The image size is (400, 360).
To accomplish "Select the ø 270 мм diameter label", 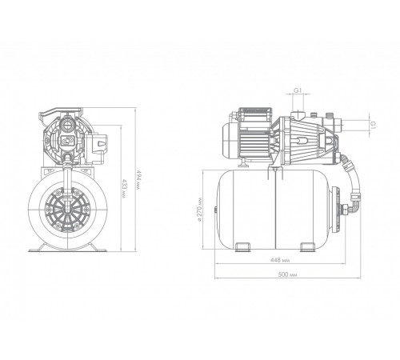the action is point(199,210).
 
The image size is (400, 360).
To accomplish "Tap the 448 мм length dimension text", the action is point(280,260).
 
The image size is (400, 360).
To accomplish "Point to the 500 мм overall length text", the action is point(287,274).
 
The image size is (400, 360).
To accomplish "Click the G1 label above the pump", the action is point(298,90).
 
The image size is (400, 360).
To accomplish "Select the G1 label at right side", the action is point(373,125).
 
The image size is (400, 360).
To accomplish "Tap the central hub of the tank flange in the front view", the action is point(67,208).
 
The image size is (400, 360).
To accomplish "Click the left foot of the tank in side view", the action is point(242,246).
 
